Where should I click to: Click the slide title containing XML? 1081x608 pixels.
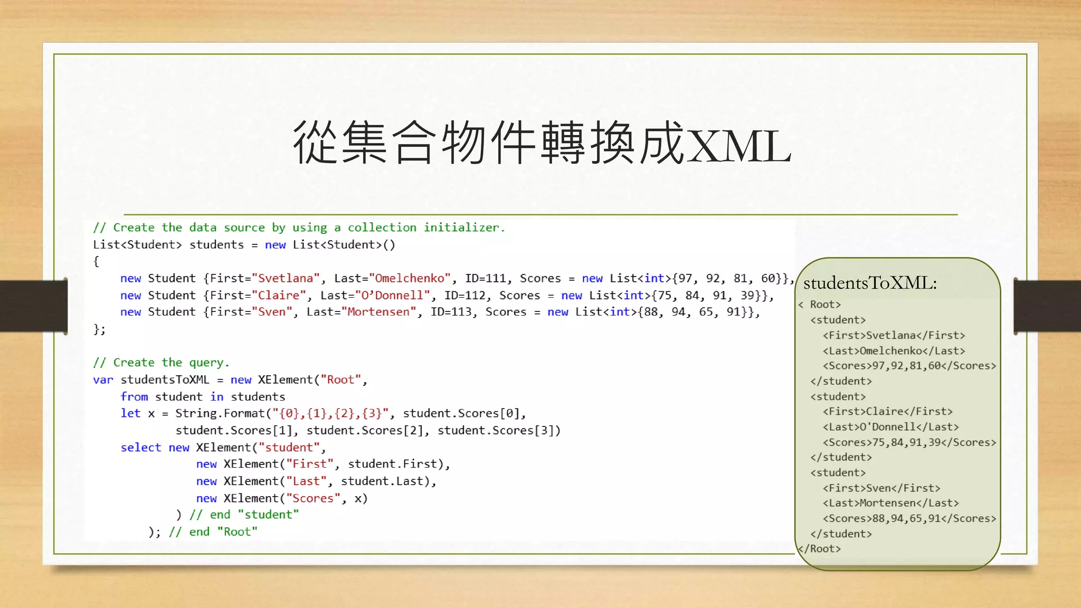[542, 142]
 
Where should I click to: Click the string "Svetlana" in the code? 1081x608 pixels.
[286, 278]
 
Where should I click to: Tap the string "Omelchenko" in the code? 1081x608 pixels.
[410, 278]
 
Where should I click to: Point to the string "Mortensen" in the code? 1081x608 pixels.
[378, 312]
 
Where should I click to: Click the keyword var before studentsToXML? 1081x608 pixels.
[103, 379]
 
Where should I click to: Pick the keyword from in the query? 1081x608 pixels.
[134, 396]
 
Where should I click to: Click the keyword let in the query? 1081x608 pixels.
[130, 413]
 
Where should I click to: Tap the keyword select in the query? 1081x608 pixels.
[140, 447]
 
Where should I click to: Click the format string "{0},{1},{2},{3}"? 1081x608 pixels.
[330, 413]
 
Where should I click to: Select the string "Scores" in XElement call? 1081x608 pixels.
[313, 498]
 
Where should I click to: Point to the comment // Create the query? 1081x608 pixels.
[161, 363]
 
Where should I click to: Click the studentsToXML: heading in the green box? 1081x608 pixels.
[869, 283]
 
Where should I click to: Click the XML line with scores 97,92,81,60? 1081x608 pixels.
[909, 365]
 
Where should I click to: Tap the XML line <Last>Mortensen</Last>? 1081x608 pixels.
[890, 503]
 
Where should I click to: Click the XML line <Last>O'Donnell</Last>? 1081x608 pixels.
[890, 426]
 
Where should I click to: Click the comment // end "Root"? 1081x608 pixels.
[213, 531]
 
